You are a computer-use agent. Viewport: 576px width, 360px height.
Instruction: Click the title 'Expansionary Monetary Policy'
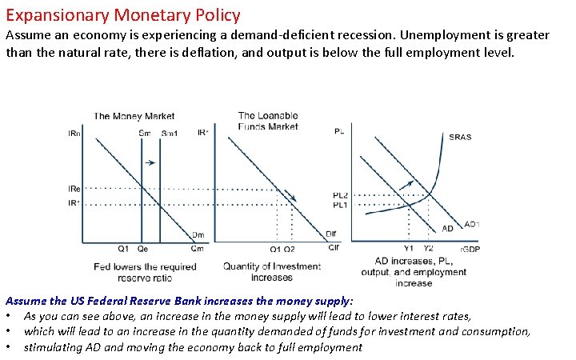[122, 14]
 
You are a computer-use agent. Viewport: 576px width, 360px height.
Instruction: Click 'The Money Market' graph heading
[134, 117]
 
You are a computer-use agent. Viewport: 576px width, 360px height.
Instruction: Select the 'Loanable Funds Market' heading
[268, 121]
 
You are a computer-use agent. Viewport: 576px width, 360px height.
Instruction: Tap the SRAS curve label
[460, 137]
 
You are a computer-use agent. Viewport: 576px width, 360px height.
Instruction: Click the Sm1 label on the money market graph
[169, 133]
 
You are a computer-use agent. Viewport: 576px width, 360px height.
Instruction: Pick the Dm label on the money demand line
[197, 234]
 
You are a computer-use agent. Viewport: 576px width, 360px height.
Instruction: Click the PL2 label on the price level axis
[341, 195]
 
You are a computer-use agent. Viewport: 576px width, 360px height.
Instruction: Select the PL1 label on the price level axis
[341, 205]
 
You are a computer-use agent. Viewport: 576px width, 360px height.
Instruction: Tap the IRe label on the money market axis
[74, 188]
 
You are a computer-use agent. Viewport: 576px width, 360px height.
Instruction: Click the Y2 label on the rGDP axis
[429, 248]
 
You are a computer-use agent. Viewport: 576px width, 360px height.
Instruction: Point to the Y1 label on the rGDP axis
[409, 248]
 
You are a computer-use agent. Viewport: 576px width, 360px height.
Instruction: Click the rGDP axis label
[470, 249]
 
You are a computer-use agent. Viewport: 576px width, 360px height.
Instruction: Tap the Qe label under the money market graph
[142, 249]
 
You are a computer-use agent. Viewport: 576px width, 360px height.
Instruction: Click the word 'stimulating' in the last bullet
[53, 347]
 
